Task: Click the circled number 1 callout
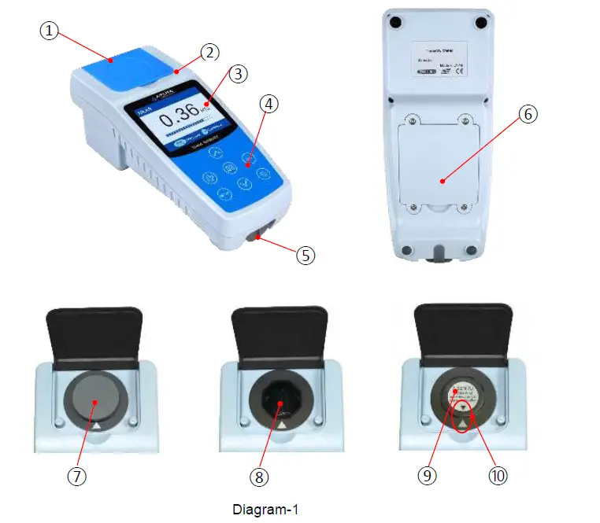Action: [x=50, y=31]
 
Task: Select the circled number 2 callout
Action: [x=209, y=53]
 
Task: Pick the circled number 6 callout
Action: [x=528, y=114]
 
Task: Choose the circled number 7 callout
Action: [x=76, y=477]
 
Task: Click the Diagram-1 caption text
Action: [x=265, y=510]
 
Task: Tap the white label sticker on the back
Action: [x=438, y=60]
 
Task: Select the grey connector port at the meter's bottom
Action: [x=256, y=237]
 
